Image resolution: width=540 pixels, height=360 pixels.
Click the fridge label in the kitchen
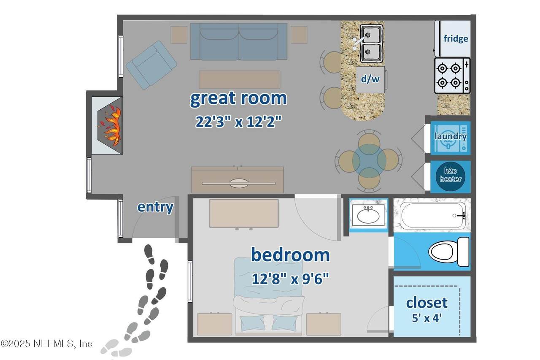[456, 39]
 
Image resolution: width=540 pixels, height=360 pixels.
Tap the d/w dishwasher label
[370, 79]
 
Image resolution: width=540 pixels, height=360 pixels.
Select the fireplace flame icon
[109, 126]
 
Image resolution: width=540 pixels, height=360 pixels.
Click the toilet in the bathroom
[449, 252]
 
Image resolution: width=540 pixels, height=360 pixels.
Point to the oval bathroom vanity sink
[368, 216]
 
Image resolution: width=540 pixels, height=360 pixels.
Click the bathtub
[433, 215]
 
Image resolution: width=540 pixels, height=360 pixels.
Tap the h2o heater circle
[450, 175]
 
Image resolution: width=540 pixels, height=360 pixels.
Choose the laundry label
[450, 136]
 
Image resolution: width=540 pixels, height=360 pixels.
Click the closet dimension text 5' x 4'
[427, 318]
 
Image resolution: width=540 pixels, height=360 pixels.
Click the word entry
[155, 207]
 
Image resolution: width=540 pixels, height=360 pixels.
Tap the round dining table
[369, 161]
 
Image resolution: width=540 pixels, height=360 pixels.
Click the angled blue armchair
[151, 65]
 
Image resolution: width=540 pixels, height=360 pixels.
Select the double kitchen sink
[372, 43]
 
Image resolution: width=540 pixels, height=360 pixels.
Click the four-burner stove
[452, 76]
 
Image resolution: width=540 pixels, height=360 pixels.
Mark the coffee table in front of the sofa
[240, 80]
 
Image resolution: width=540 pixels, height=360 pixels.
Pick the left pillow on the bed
[252, 323]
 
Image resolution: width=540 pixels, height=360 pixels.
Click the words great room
[238, 98]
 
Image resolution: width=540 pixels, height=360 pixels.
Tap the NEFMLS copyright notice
[46, 344]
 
